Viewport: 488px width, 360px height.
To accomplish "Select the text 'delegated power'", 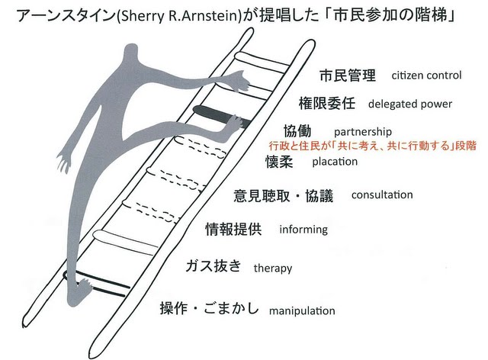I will (409, 104).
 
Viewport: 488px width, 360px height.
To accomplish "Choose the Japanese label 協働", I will (297, 131).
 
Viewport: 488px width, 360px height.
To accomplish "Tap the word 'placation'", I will (335, 162).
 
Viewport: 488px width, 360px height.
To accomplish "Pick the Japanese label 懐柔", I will (279, 162).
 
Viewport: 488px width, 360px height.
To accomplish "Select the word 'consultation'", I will (382, 194).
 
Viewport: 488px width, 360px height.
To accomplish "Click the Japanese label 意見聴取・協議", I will (283, 196).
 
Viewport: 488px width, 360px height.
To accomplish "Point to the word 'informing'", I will (303, 229).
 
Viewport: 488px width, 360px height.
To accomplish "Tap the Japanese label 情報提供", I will (234, 229).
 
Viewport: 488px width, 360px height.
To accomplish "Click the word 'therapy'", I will (272, 268).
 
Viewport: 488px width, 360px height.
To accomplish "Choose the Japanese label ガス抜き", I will (213, 266).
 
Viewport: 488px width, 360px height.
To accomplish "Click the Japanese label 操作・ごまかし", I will (209, 310).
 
